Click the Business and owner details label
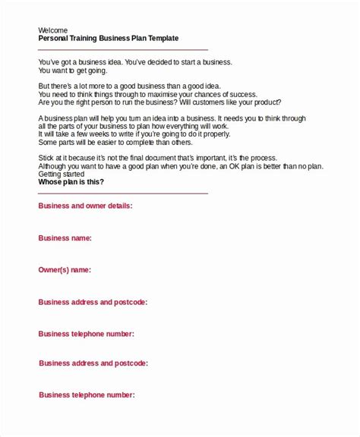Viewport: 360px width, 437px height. (x=85, y=206)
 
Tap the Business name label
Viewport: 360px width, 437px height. (x=65, y=237)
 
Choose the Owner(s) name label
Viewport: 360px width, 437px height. (x=65, y=269)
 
